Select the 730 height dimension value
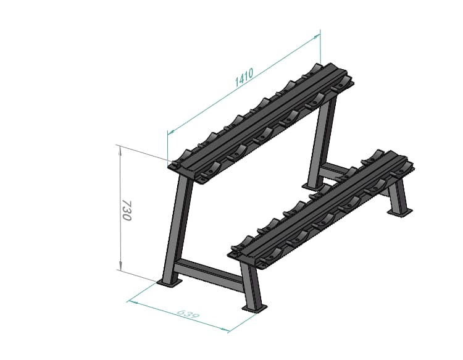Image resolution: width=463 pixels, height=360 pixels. click(126, 210)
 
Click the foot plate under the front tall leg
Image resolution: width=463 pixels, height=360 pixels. click(170, 282)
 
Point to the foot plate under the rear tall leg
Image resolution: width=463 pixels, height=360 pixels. click(311, 184)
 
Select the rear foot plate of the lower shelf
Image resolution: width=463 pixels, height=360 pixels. click(399, 212)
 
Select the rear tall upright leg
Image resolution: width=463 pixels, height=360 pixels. click(323, 139)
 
